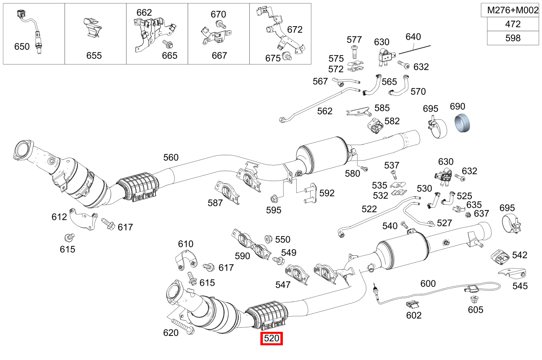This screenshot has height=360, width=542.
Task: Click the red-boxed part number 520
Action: tap(271, 338)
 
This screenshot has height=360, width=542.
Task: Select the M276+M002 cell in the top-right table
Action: tap(513, 11)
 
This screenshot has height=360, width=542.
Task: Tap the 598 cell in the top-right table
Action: tap(513, 38)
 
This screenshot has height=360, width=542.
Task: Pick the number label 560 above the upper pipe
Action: tap(171, 157)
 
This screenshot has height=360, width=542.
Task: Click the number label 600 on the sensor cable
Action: tap(428, 283)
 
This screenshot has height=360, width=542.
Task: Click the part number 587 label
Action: tap(215, 203)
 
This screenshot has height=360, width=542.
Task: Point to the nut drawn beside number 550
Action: tap(269, 238)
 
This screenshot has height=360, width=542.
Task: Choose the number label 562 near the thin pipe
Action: tap(325, 111)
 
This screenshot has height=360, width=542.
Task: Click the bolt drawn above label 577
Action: tap(354, 52)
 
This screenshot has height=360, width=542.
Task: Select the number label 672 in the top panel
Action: tap(295, 29)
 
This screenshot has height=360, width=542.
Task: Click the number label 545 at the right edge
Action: tap(520, 286)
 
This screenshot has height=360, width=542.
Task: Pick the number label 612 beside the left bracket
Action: tap(59, 217)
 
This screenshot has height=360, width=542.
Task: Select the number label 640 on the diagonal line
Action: tap(413, 37)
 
